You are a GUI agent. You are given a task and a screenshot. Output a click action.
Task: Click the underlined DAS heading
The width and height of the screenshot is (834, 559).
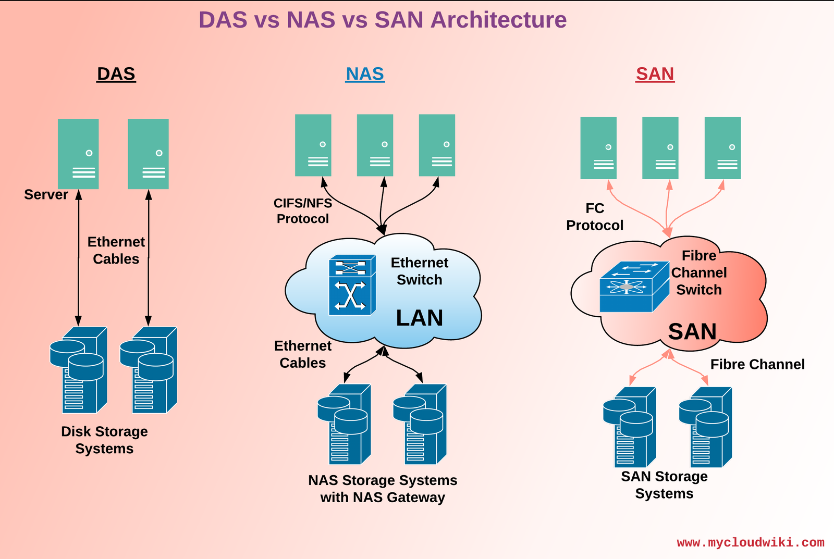pos(116,74)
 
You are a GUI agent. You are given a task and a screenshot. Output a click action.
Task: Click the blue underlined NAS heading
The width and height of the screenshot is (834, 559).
pos(365,74)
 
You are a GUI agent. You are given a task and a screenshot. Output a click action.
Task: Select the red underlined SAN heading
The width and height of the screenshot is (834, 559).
pos(655,74)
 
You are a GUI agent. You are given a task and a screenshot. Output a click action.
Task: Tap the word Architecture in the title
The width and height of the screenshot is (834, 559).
pos(499,20)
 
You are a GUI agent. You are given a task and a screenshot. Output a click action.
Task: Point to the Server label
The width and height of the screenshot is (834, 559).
pos(46,194)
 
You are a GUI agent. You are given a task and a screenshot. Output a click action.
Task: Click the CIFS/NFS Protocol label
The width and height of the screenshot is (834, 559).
pos(303,210)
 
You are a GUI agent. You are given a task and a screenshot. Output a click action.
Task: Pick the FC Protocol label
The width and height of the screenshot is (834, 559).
pos(595,217)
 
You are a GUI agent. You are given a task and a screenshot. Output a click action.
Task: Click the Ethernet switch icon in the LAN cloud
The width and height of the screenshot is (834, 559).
pos(352,285)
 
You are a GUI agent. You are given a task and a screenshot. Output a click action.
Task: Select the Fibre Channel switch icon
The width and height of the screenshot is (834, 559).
pos(634,287)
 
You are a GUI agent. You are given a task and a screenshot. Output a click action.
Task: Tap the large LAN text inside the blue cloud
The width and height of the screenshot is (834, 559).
pos(419,318)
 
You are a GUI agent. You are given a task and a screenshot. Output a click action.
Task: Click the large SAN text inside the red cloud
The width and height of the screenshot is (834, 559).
pos(692,332)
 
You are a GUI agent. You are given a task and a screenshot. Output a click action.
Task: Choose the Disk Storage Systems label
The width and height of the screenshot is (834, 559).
pos(104,440)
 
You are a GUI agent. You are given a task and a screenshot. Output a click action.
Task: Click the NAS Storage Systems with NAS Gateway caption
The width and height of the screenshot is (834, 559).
pos(383,489)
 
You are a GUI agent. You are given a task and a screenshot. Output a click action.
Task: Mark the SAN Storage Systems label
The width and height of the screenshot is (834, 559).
pos(664,485)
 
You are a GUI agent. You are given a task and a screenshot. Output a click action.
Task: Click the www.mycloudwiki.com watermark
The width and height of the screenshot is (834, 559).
pos(751,542)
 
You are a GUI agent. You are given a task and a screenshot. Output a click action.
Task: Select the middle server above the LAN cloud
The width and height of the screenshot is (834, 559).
pos(375,145)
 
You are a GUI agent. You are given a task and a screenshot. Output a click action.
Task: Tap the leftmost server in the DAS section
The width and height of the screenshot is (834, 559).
pos(78,154)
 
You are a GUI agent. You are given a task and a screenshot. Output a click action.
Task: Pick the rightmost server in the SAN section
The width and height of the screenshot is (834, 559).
pos(722,148)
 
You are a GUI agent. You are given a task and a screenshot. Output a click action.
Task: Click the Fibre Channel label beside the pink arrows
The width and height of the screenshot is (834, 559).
pos(757,364)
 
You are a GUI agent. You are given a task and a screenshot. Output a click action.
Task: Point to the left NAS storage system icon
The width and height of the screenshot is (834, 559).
pos(345,424)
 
